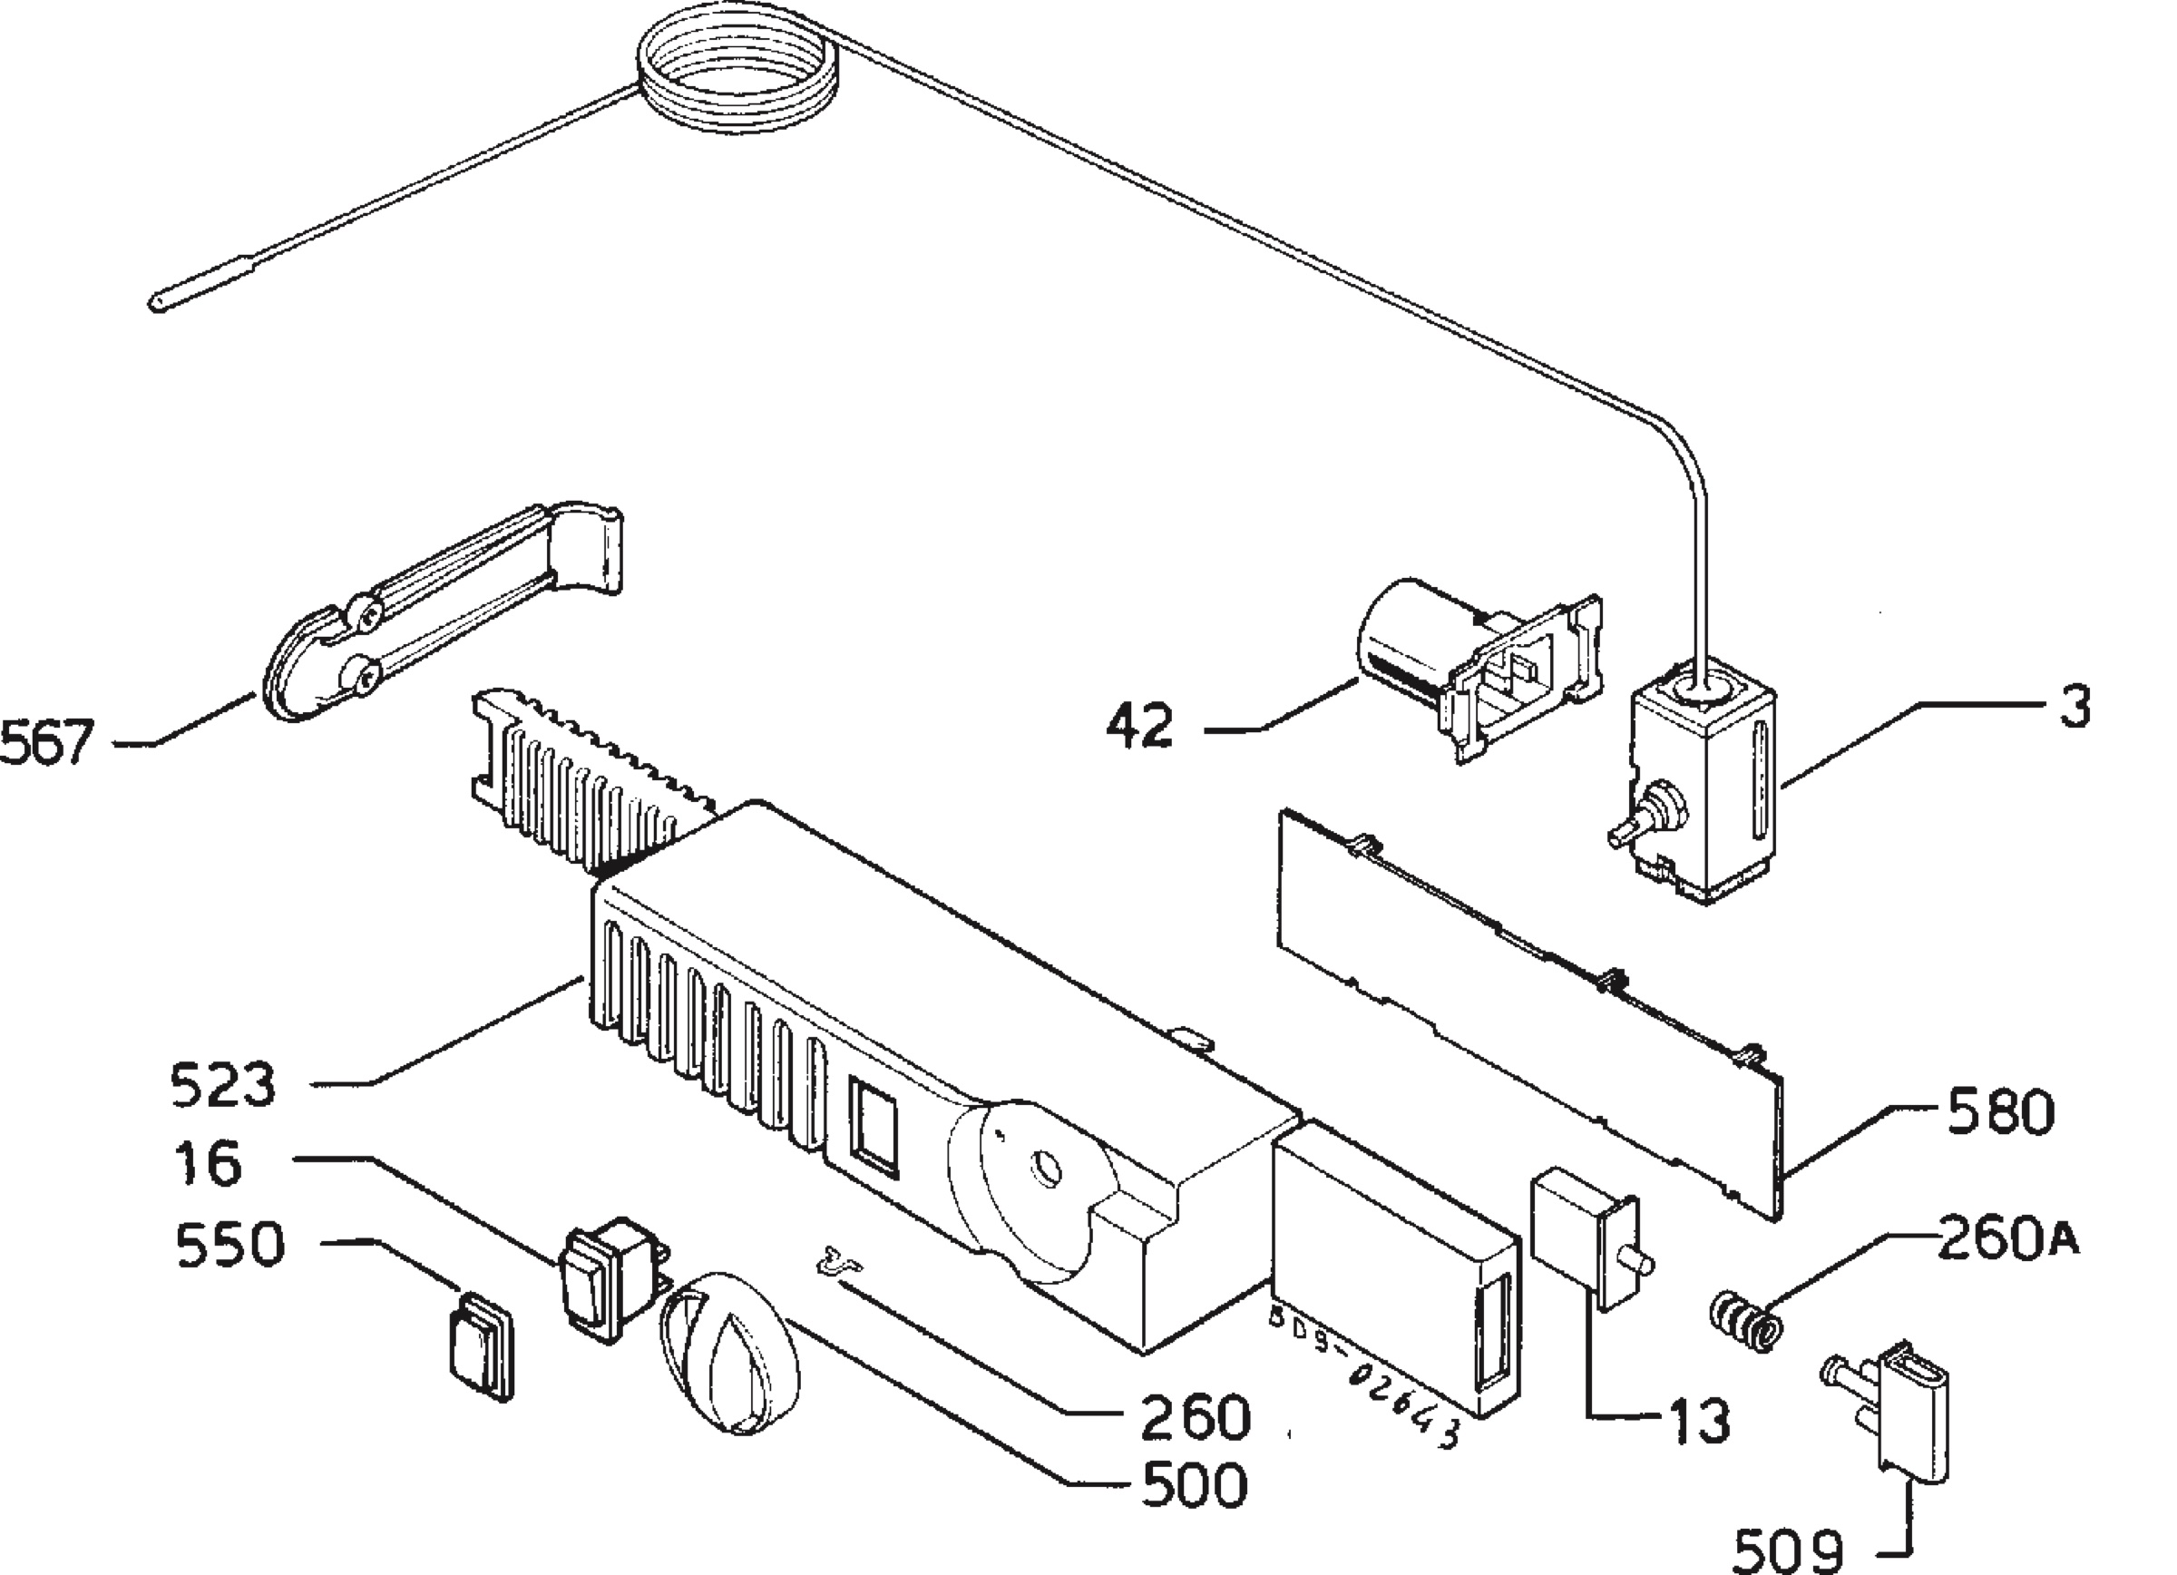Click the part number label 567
[48, 743]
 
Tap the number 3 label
[2075, 708]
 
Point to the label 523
[223, 1085]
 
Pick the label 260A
[2008, 1238]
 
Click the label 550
[230, 1245]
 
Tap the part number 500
[1194, 1485]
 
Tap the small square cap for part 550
[480, 1345]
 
